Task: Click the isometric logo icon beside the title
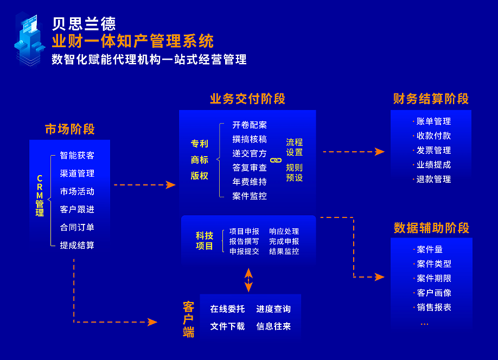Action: (x=29, y=40)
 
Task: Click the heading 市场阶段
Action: (x=70, y=129)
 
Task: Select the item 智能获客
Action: (x=77, y=155)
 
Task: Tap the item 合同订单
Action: (x=77, y=227)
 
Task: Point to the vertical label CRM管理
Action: (x=40, y=196)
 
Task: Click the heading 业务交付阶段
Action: (x=247, y=99)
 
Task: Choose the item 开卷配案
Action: (x=250, y=125)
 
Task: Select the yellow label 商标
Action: (x=200, y=160)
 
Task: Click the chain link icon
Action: (x=276, y=160)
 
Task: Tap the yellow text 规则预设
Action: (x=294, y=172)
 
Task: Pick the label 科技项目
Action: (x=204, y=241)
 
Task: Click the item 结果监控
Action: (x=284, y=251)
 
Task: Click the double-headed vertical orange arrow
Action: (x=248, y=280)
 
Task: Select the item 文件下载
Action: (x=227, y=326)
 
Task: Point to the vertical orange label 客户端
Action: (x=188, y=319)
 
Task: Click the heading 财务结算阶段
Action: (x=431, y=99)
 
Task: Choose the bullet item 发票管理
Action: (x=433, y=150)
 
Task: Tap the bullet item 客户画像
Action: (x=434, y=293)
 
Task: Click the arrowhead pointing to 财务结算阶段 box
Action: (x=380, y=152)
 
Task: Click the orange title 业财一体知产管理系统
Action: (x=133, y=41)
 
